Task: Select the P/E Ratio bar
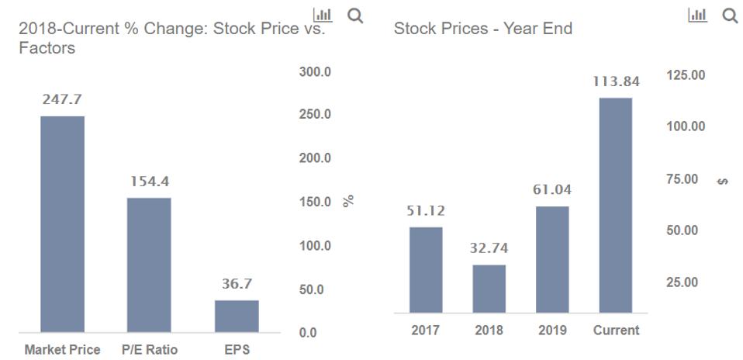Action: click(149, 265)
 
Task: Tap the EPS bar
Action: click(237, 316)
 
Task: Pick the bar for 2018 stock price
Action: click(489, 289)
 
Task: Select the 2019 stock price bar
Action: click(552, 259)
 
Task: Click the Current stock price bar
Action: click(616, 206)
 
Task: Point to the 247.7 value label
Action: click(62, 100)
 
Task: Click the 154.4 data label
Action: click(149, 182)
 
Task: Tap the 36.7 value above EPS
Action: click(237, 284)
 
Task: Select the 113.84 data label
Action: click(616, 81)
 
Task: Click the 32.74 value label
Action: click(489, 249)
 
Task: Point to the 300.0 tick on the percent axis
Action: click(315, 72)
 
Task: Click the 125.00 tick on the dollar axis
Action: click(686, 75)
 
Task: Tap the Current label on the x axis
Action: click(616, 331)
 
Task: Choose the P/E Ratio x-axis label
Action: click(149, 350)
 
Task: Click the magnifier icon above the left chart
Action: click(355, 16)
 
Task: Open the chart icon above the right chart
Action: click(696, 15)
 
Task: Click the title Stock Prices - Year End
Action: click(482, 29)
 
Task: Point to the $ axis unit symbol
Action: click(723, 181)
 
